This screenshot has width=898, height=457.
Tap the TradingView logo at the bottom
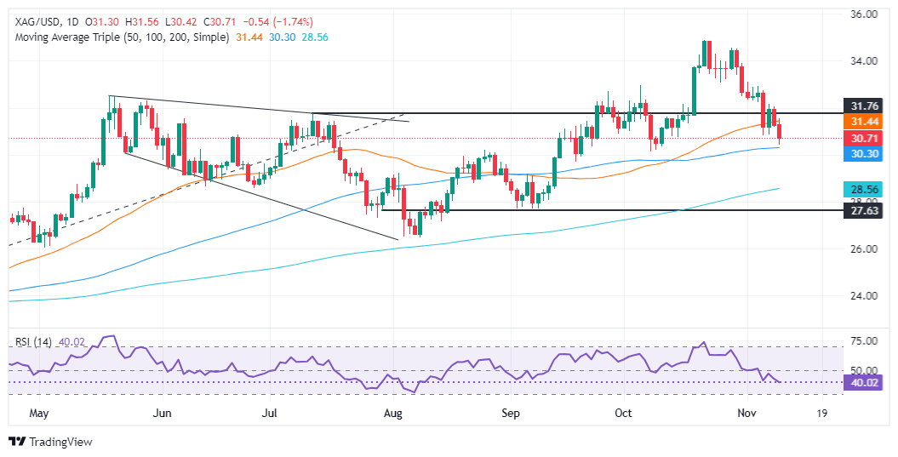[50, 442]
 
